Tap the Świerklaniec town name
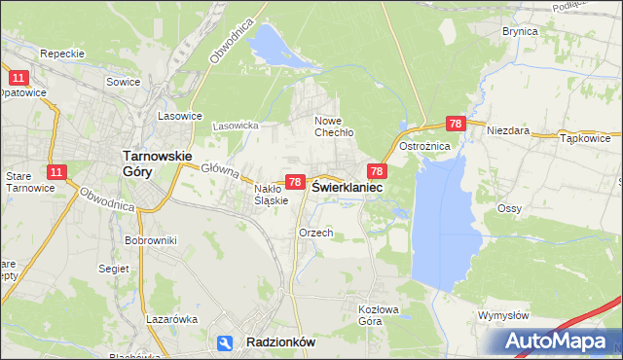(x=347, y=187)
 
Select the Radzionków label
(x=276, y=342)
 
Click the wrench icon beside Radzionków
(x=225, y=342)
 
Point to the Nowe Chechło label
(x=333, y=127)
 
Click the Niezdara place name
(x=507, y=129)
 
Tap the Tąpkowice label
(x=586, y=138)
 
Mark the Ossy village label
(x=510, y=208)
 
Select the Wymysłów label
(x=503, y=315)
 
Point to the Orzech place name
(x=316, y=233)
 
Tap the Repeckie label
(x=63, y=54)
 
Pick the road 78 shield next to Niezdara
(x=456, y=124)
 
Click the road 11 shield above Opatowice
(x=17, y=77)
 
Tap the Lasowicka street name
(x=234, y=126)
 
